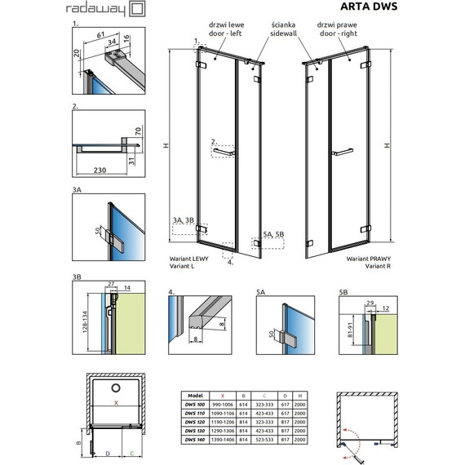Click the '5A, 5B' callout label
(x=275, y=235)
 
